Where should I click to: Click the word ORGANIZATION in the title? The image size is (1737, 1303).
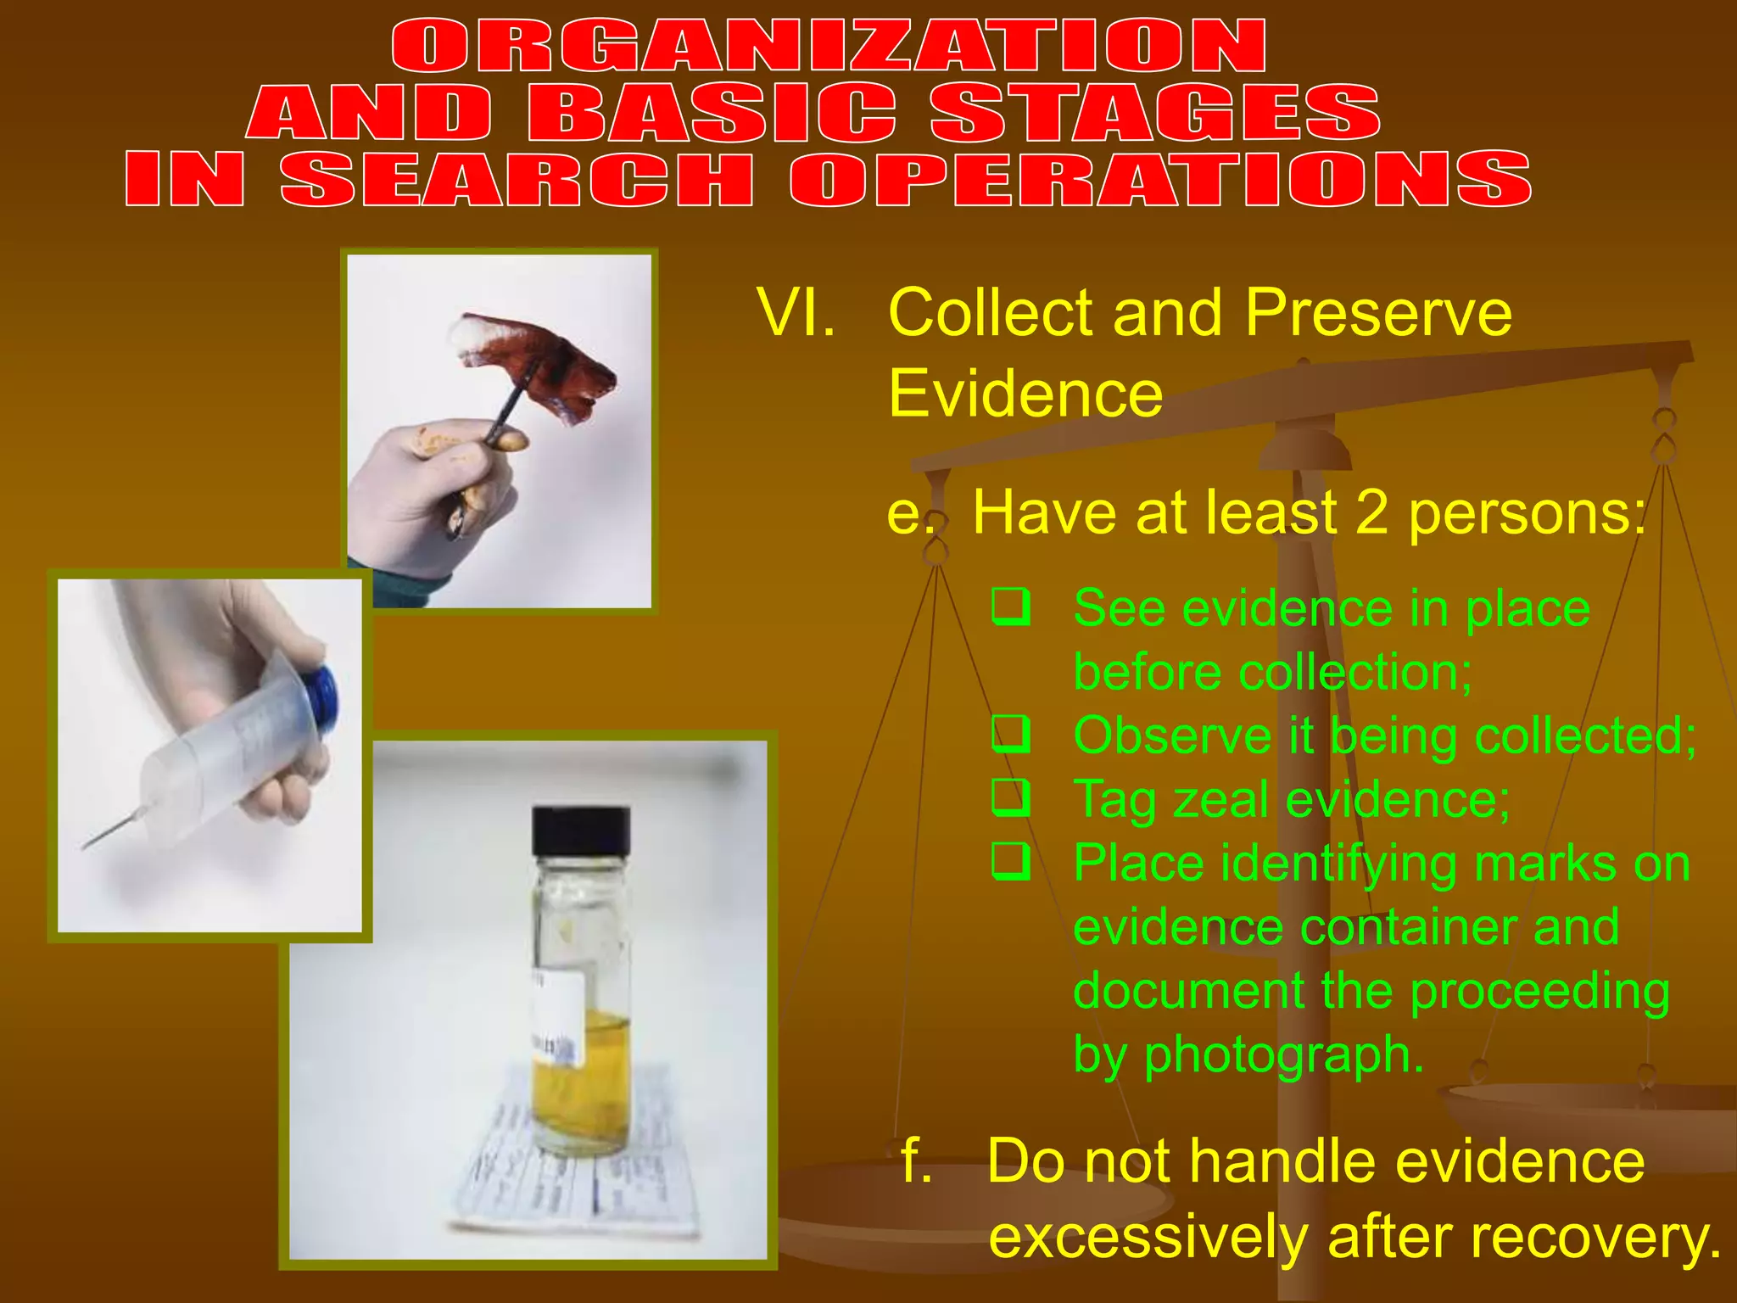[x=829, y=48]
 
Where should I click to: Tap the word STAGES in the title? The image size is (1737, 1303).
[x=1155, y=113]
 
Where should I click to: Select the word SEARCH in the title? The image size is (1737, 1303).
[x=517, y=179]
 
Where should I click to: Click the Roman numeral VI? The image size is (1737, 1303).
[x=795, y=313]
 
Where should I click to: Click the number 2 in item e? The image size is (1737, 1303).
[x=1371, y=512]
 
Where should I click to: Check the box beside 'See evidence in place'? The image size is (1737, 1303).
[x=1011, y=607]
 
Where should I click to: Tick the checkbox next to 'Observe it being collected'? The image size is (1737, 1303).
[x=1011, y=735]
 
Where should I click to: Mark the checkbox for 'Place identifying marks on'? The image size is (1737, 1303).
[x=1011, y=862]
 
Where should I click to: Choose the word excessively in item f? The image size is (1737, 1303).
[x=1148, y=1237]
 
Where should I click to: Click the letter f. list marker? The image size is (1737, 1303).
[x=915, y=1160]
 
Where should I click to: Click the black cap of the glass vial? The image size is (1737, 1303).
[x=581, y=830]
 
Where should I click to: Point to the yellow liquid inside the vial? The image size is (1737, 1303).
[x=581, y=1077]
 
